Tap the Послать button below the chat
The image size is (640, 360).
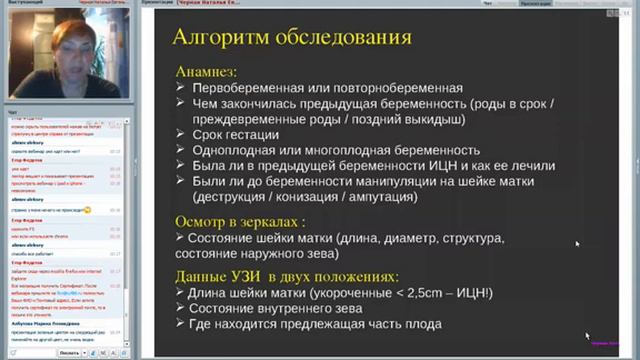pos(69,353)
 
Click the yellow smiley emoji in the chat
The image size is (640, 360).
pos(88,209)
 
